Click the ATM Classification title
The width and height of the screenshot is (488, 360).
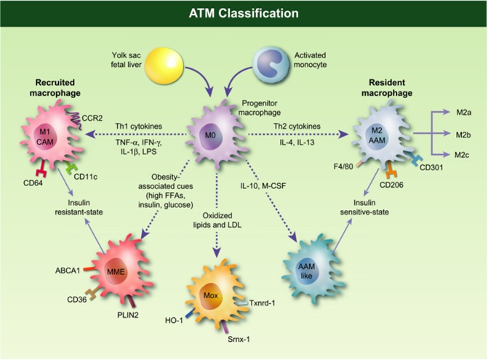(x=244, y=12)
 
